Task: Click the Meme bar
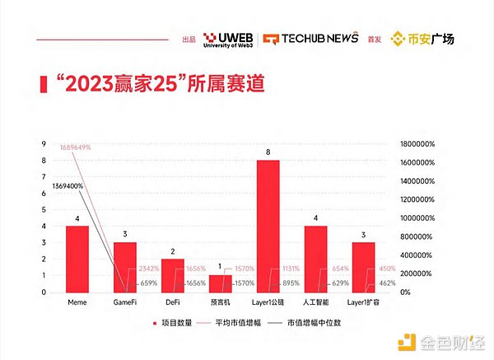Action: tap(77, 259)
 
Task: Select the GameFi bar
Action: tap(125, 267)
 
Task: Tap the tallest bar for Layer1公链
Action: tap(268, 226)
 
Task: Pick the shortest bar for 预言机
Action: tap(221, 283)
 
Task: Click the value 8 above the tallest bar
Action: tap(268, 152)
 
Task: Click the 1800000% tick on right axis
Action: tap(416, 143)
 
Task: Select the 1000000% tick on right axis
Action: tap(416, 217)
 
